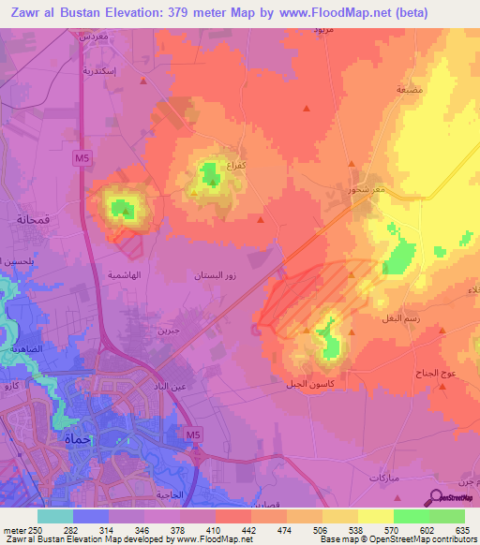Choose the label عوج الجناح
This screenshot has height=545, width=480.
435,373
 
